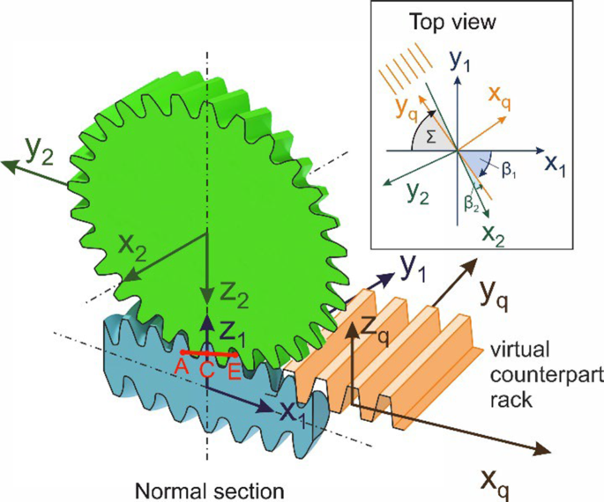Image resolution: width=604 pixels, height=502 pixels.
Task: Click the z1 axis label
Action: pyautogui.click(x=232, y=332)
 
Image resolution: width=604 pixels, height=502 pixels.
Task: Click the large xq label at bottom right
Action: pyautogui.click(x=496, y=480)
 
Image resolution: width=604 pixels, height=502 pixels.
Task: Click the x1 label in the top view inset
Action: pyautogui.click(x=552, y=165)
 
